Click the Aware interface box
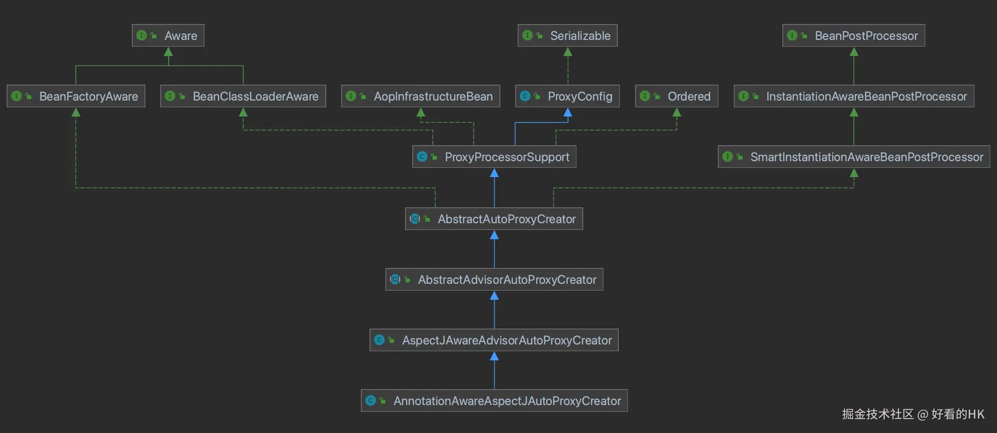click(168, 36)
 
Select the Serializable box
click(567, 36)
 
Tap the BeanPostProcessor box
click(854, 36)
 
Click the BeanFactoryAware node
click(76, 96)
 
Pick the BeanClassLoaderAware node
click(243, 96)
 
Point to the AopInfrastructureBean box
click(421, 96)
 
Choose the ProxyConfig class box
click(567, 96)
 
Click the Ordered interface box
click(677, 96)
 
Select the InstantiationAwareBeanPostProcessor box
click(854, 96)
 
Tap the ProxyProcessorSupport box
click(494, 157)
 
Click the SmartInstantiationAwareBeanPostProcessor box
click(854, 157)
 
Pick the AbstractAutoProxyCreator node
click(494, 219)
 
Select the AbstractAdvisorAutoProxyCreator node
click(494, 280)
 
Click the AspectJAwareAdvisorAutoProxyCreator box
click(494, 340)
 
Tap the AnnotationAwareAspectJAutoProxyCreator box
click(494, 401)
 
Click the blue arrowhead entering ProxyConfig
click(568, 113)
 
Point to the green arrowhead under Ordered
click(677, 113)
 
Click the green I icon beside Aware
click(141, 36)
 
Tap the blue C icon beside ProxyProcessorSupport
click(422, 157)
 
